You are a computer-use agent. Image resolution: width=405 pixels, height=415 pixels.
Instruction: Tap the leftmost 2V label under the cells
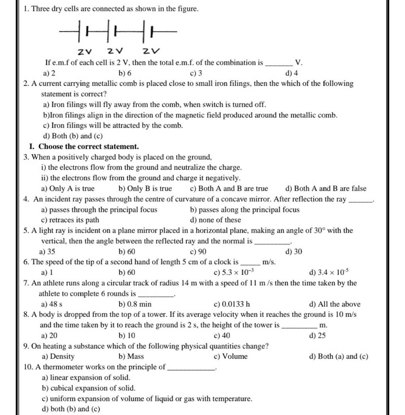click(x=84, y=51)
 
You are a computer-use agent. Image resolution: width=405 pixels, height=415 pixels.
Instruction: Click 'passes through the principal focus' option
click(x=101, y=210)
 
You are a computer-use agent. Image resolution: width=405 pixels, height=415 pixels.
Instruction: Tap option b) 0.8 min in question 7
click(x=135, y=304)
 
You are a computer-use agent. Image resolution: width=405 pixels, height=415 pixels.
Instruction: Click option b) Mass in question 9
click(x=131, y=356)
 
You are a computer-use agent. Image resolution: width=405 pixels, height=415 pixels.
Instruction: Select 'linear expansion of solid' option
click(x=88, y=378)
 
